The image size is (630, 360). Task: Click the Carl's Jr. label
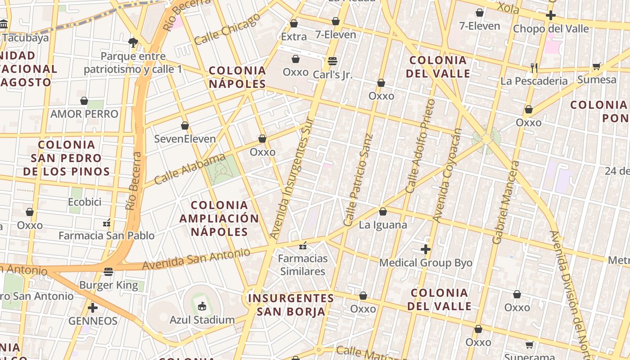click(333, 75)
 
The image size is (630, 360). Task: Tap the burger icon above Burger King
click(108, 271)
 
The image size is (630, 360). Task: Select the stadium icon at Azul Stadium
click(202, 306)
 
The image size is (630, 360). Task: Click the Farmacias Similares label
click(302, 265)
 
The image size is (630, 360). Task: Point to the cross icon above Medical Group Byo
click(426, 249)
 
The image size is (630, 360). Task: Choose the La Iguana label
click(383, 225)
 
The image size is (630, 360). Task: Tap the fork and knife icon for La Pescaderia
click(534, 67)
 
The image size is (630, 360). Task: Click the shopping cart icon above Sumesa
click(597, 66)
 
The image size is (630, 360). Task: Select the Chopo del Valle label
click(551, 29)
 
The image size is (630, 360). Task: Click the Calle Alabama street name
click(189, 169)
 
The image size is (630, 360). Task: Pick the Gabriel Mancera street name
click(506, 202)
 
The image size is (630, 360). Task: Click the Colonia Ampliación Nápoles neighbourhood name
click(219, 219)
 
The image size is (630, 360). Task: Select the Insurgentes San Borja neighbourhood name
click(291, 305)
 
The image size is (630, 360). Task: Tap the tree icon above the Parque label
click(133, 42)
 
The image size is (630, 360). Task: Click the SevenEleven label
click(185, 139)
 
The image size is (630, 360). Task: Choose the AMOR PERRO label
click(84, 114)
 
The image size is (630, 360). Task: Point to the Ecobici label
click(85, 202)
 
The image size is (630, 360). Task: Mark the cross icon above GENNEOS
click(93, 308)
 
